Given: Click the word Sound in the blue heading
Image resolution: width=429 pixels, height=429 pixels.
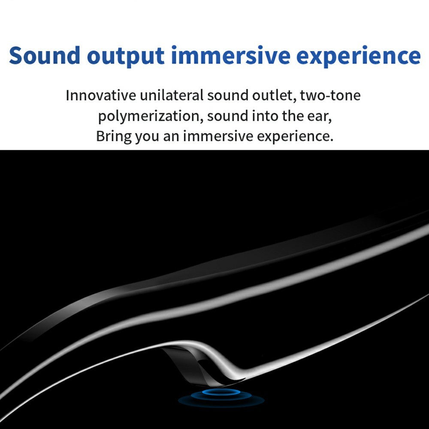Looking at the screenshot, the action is click(x=45, y=55).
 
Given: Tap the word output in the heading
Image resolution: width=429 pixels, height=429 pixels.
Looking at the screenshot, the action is click(x=126, y=57).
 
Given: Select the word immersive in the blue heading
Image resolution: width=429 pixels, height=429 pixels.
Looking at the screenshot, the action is click(x=231, y=55).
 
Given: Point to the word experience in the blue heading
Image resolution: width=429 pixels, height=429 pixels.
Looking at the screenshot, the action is click(x=358, y=57).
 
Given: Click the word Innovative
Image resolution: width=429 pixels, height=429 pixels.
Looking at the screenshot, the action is click(x=101, y=96).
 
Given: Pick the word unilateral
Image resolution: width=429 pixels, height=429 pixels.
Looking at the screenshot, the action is click(x=172, y=95).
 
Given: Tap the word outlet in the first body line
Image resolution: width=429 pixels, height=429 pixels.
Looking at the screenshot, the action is click(x=274, y=96).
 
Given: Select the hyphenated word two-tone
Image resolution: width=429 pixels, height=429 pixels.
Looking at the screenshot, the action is click(x=330, y=96).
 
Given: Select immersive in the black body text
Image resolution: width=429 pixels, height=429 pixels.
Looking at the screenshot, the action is click(x=218, y=136).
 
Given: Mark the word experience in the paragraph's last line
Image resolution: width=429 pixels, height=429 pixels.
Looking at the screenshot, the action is click(x=295, y=137).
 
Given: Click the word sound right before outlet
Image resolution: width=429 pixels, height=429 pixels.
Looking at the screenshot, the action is click(x=228, y=96).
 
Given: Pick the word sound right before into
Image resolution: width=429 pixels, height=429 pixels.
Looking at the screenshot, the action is click(x=228, y=116).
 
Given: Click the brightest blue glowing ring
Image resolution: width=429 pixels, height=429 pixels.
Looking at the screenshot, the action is click(x=221, y=392).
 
